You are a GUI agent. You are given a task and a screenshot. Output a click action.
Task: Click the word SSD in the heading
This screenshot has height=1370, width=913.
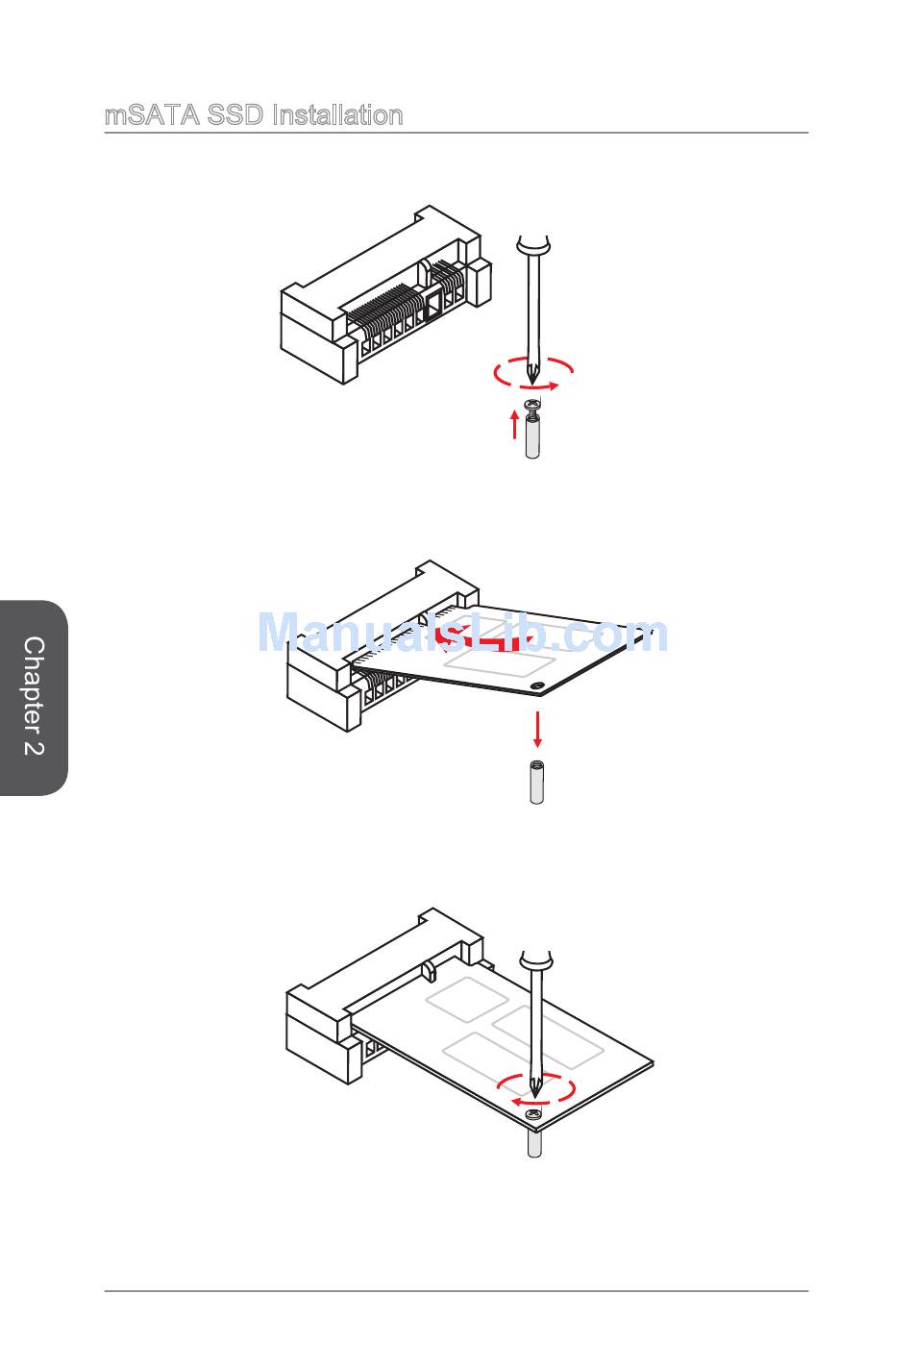tap(235, 116)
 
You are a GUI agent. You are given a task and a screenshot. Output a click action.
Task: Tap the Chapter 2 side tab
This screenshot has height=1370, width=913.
tap(34, 697)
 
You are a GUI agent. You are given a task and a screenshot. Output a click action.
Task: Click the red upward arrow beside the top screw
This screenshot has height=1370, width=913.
tap(515, 423)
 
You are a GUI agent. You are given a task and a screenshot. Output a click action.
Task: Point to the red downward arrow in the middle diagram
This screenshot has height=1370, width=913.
tap(537, 731)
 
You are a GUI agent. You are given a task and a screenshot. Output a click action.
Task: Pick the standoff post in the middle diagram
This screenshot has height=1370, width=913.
tap(537, 784)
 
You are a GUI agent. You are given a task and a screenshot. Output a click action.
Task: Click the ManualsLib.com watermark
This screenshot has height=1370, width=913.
tap(462, 635)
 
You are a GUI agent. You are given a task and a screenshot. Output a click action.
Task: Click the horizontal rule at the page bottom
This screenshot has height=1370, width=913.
tap(456, 1291)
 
